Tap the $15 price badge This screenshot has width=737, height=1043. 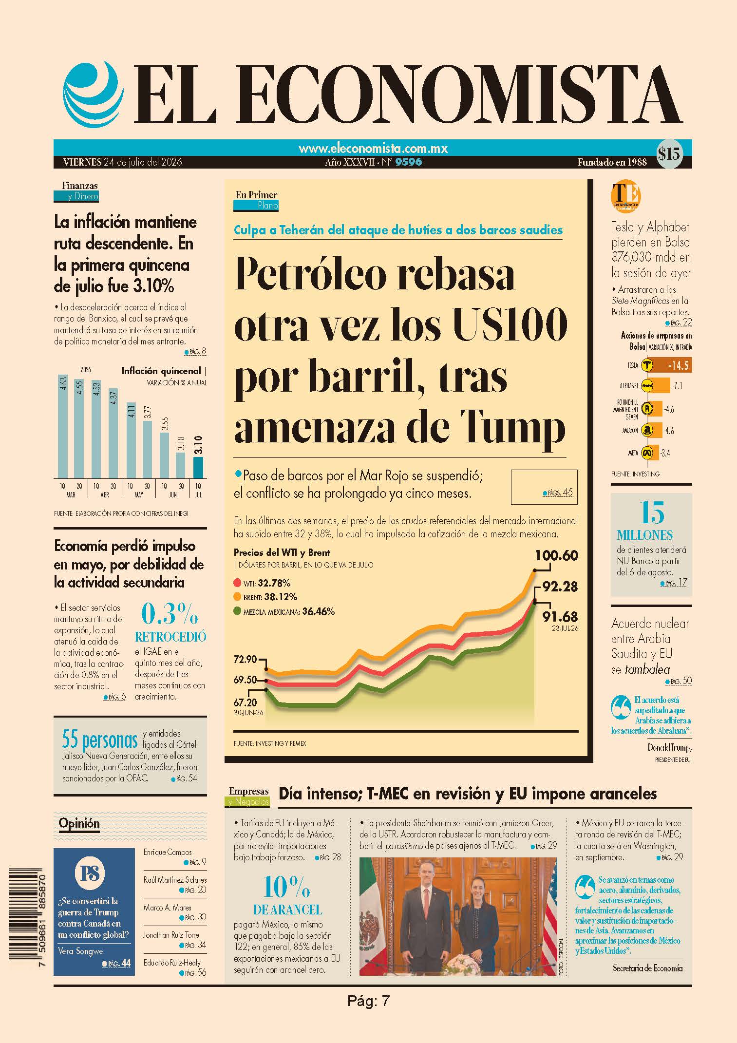click(668, 154)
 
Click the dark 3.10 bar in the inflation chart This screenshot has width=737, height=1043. click(198, 467)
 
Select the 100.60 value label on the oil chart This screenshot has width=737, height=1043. click(556, 555)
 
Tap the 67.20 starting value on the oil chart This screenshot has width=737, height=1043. click(246, 702)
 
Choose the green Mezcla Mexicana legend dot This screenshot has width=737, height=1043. click(238, 611)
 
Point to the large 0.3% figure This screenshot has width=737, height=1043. click(170, 614)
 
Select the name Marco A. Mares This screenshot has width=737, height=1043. click(167, 908)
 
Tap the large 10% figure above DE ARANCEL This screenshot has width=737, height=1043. click(287, 887)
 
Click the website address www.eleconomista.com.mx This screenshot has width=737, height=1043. click(373, 148)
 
